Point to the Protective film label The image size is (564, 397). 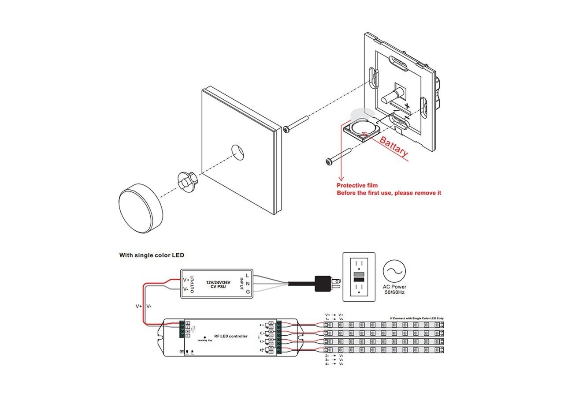point(357,186)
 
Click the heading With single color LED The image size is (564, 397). point(152,255)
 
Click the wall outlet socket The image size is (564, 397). point(359,276)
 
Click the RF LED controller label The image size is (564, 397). point(230,336)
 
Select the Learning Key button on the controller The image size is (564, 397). point(205,338)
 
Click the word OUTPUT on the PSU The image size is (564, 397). point(192,283)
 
